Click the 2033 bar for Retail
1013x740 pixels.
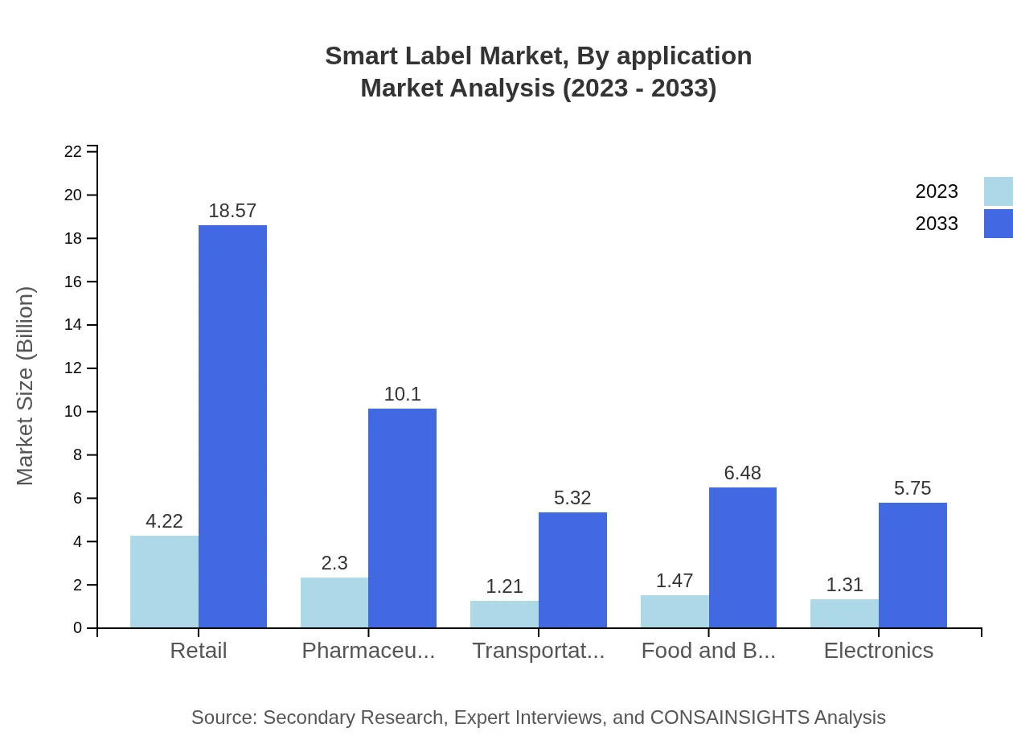point(232,426)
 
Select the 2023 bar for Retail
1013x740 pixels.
point(164,582)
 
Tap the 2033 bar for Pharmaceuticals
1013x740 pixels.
point(402,518)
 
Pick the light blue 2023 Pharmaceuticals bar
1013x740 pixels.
point(334,602)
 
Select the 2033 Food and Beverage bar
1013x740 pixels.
point(742,557)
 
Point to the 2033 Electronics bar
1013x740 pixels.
point(913,565)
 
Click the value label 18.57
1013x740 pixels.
point(232,211)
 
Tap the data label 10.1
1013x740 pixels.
point(402,394)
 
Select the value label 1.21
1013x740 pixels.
point(504,586)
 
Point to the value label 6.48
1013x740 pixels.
point(742,473)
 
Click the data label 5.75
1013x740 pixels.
point(913,488)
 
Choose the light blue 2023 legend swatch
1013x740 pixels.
point(998,191)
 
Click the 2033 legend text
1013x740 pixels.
point(937,224)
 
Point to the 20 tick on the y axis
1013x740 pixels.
point(73,195)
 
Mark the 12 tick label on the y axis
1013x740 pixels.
point(73,368)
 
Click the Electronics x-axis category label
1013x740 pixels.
point(878,650)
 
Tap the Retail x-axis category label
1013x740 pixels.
point(199,650)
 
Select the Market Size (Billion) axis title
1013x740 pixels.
point(26,386)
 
